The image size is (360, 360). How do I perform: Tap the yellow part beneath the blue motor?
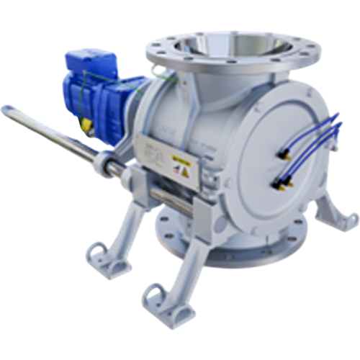[x=84, y=125]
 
